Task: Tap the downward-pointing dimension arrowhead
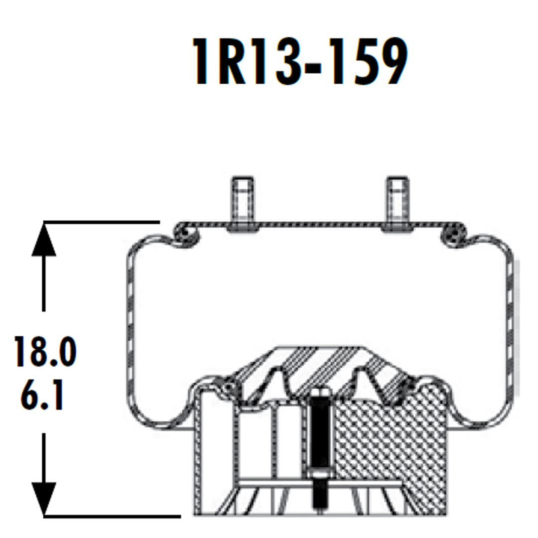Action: (x=44, y=498)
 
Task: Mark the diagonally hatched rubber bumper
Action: (x=319, y=369)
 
